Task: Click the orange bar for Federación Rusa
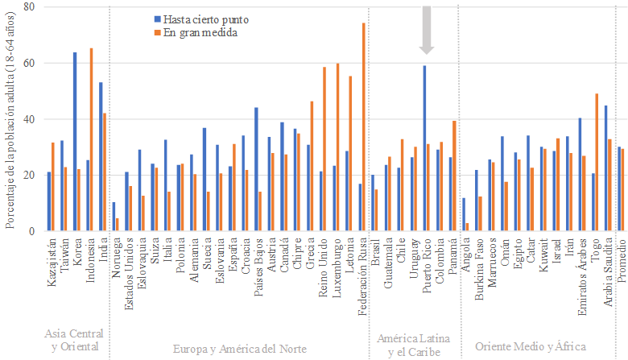tap(363, 127)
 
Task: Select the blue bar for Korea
tap(75, 142)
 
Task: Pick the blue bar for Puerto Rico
tap(424, 149)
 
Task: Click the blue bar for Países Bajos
tap(256, 169)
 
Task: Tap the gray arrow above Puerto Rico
tap(427, 29)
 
